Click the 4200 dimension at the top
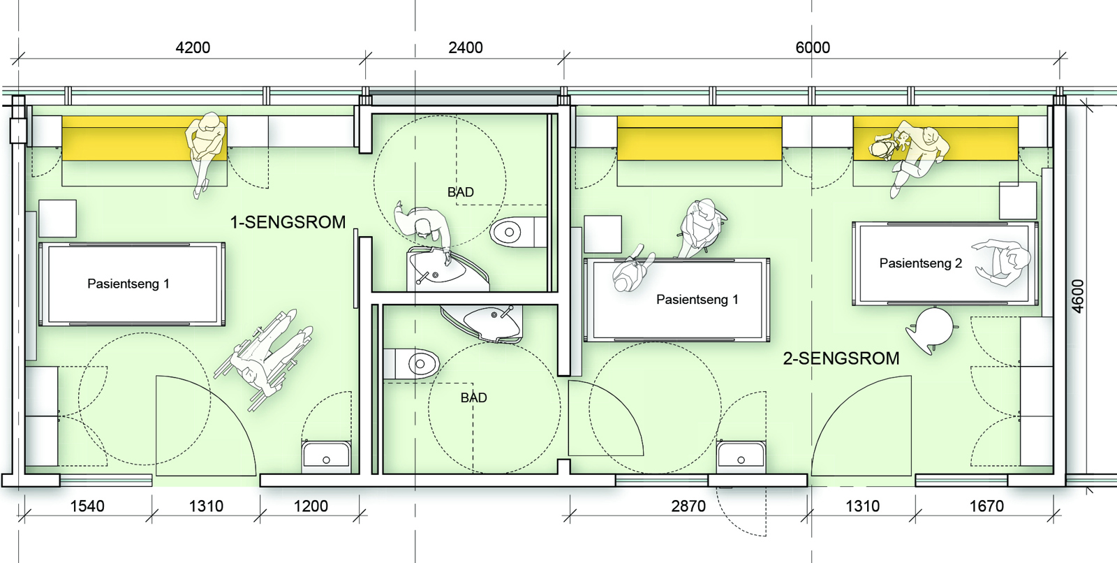click(193, 47)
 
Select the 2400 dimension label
click(465, 47)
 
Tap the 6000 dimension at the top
click(813, 47)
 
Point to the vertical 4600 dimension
click(1078, 296)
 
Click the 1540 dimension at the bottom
click(87, 506)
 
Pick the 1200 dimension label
click(311, 506)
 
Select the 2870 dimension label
click(688, 506)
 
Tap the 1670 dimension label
click(986, 506)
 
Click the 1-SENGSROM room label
click(288, 222)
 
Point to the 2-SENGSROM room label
click(841, 358)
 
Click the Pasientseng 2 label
click(920, 263)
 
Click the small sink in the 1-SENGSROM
click(326, 456)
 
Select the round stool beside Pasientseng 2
click(933, 327)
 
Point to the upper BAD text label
click(461, 192)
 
